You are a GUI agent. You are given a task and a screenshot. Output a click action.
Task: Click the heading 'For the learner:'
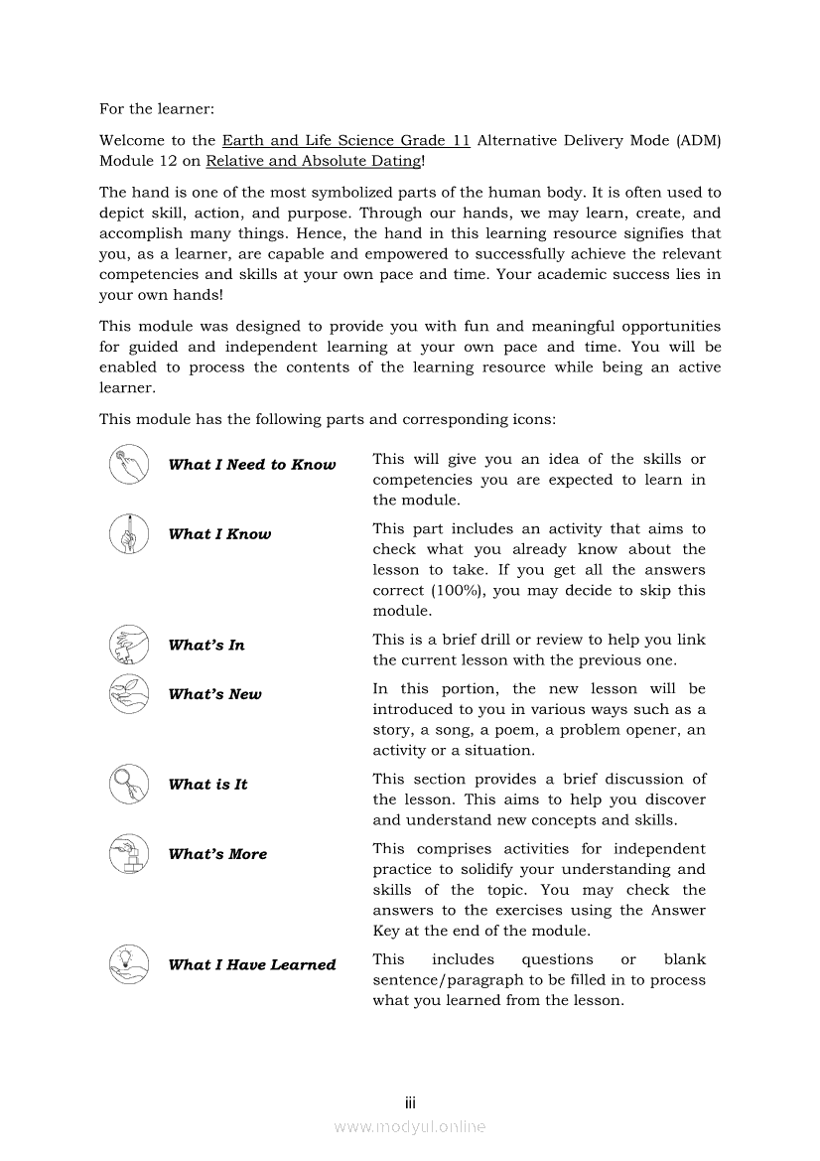click(157, 108)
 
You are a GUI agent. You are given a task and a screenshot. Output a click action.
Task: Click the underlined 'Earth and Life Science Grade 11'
click(345, 140)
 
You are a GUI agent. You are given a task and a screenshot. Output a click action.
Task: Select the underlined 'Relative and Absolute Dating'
click(313, 161)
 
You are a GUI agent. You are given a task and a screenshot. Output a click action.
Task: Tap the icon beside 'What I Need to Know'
click(129, 465)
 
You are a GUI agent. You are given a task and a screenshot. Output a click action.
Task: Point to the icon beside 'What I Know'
click(129, 534)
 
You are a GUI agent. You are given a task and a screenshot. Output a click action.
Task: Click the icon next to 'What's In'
click(129, 646)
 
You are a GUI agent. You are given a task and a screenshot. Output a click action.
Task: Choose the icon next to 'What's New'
click(129, 694)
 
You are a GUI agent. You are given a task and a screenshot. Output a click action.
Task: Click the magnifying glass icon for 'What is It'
click(129, 785)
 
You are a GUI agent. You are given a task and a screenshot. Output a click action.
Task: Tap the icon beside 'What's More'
click(129, 854)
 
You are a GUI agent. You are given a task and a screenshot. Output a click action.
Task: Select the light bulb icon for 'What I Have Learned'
click(129, 964)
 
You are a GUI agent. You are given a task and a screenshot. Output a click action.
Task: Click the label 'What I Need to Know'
click(252, 465)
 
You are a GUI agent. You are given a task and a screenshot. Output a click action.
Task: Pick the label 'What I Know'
click(219, 534)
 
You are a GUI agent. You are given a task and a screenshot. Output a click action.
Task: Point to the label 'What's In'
click(206, 646)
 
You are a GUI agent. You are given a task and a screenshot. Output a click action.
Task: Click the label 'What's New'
click(215, 695)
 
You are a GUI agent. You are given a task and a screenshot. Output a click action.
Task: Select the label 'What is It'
click(208, 785)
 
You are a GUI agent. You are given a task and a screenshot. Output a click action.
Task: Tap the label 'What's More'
click(218, 854)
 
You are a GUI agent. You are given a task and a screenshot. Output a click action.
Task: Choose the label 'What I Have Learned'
click(252, 964)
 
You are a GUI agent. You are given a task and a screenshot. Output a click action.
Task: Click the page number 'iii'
click(410, 1103)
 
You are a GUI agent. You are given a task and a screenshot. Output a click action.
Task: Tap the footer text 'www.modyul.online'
click(410, 1127)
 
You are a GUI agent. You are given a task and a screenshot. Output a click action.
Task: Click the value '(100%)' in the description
click(462, 591)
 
